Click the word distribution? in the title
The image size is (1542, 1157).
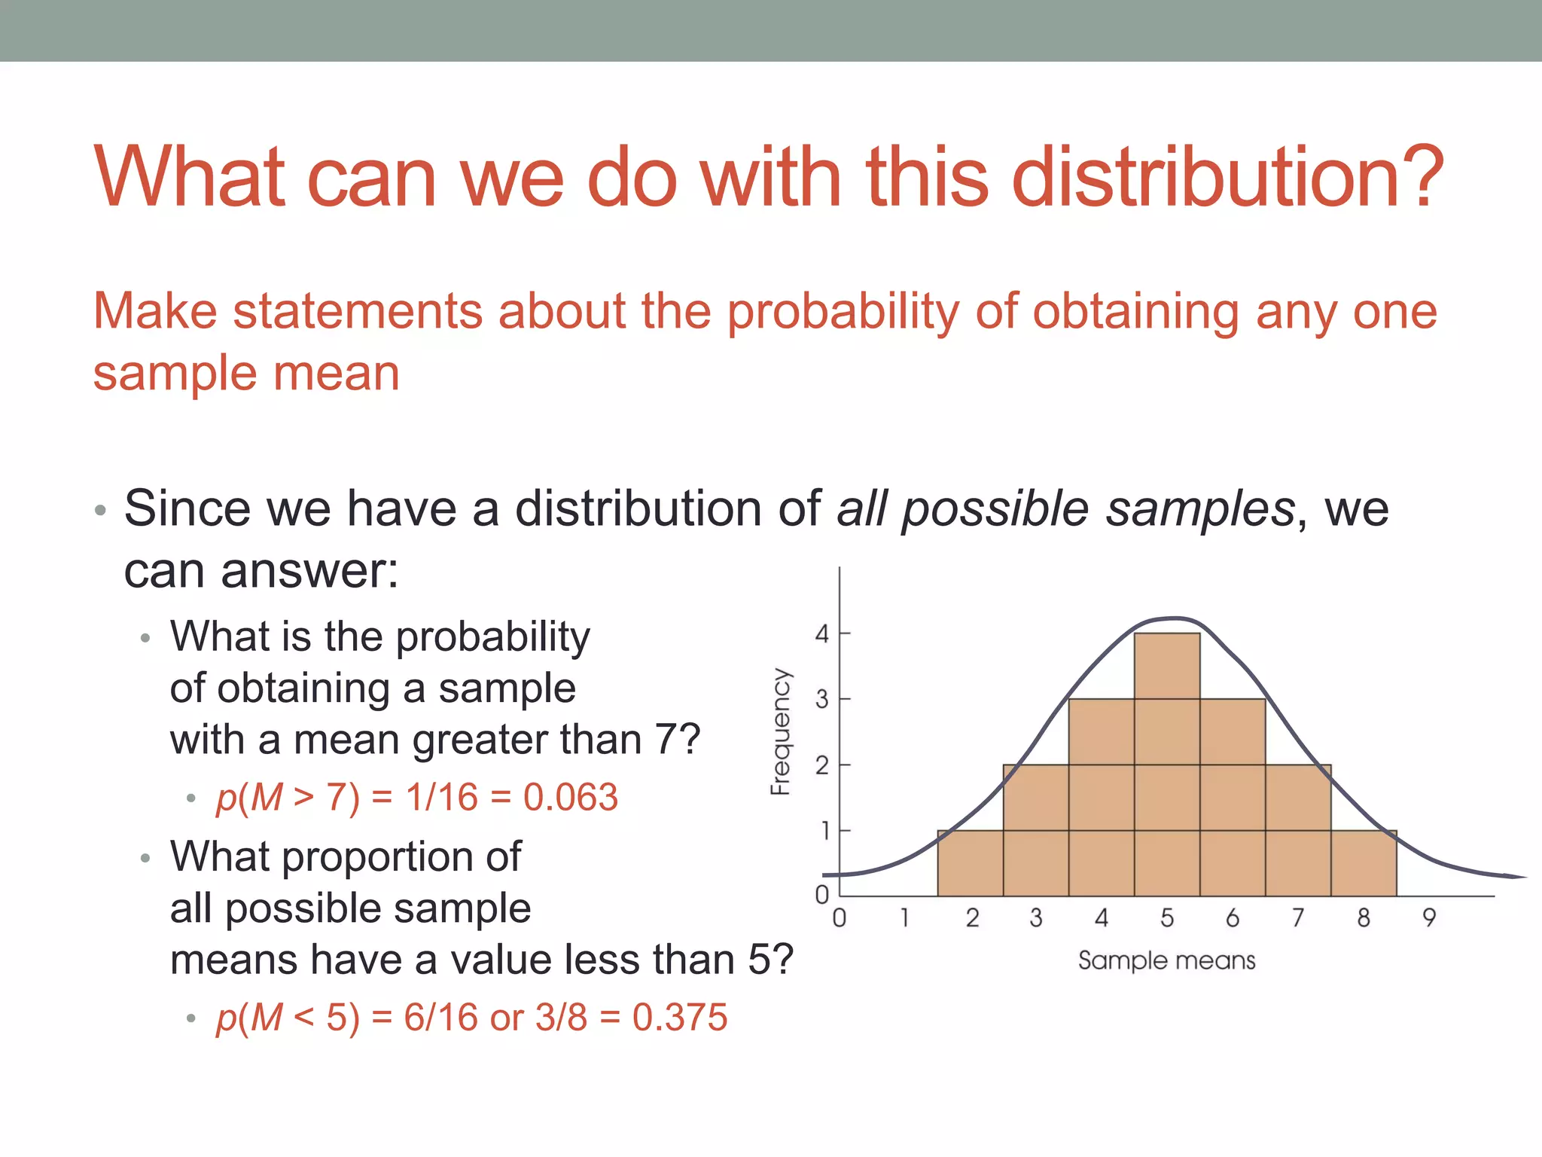[1227, 177]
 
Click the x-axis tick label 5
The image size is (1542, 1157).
[1167, 917]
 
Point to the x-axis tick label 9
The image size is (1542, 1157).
[1429, 917]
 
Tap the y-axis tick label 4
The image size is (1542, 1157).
[822, 634]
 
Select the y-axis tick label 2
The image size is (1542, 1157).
[822, 766]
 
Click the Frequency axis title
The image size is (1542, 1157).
[782, 731]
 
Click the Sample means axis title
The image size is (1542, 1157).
[1166, 960]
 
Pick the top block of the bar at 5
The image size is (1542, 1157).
[1167, 666]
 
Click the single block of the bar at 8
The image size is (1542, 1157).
[1364, 863]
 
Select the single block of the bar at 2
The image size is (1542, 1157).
[970, 863]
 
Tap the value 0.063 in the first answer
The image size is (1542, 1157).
[571, 797]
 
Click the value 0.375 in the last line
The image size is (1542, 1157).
[680, 1017]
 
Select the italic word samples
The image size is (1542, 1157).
[1200, 509]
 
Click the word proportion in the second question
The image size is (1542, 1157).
[387, 857]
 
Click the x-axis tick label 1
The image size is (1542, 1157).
[905, 917]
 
